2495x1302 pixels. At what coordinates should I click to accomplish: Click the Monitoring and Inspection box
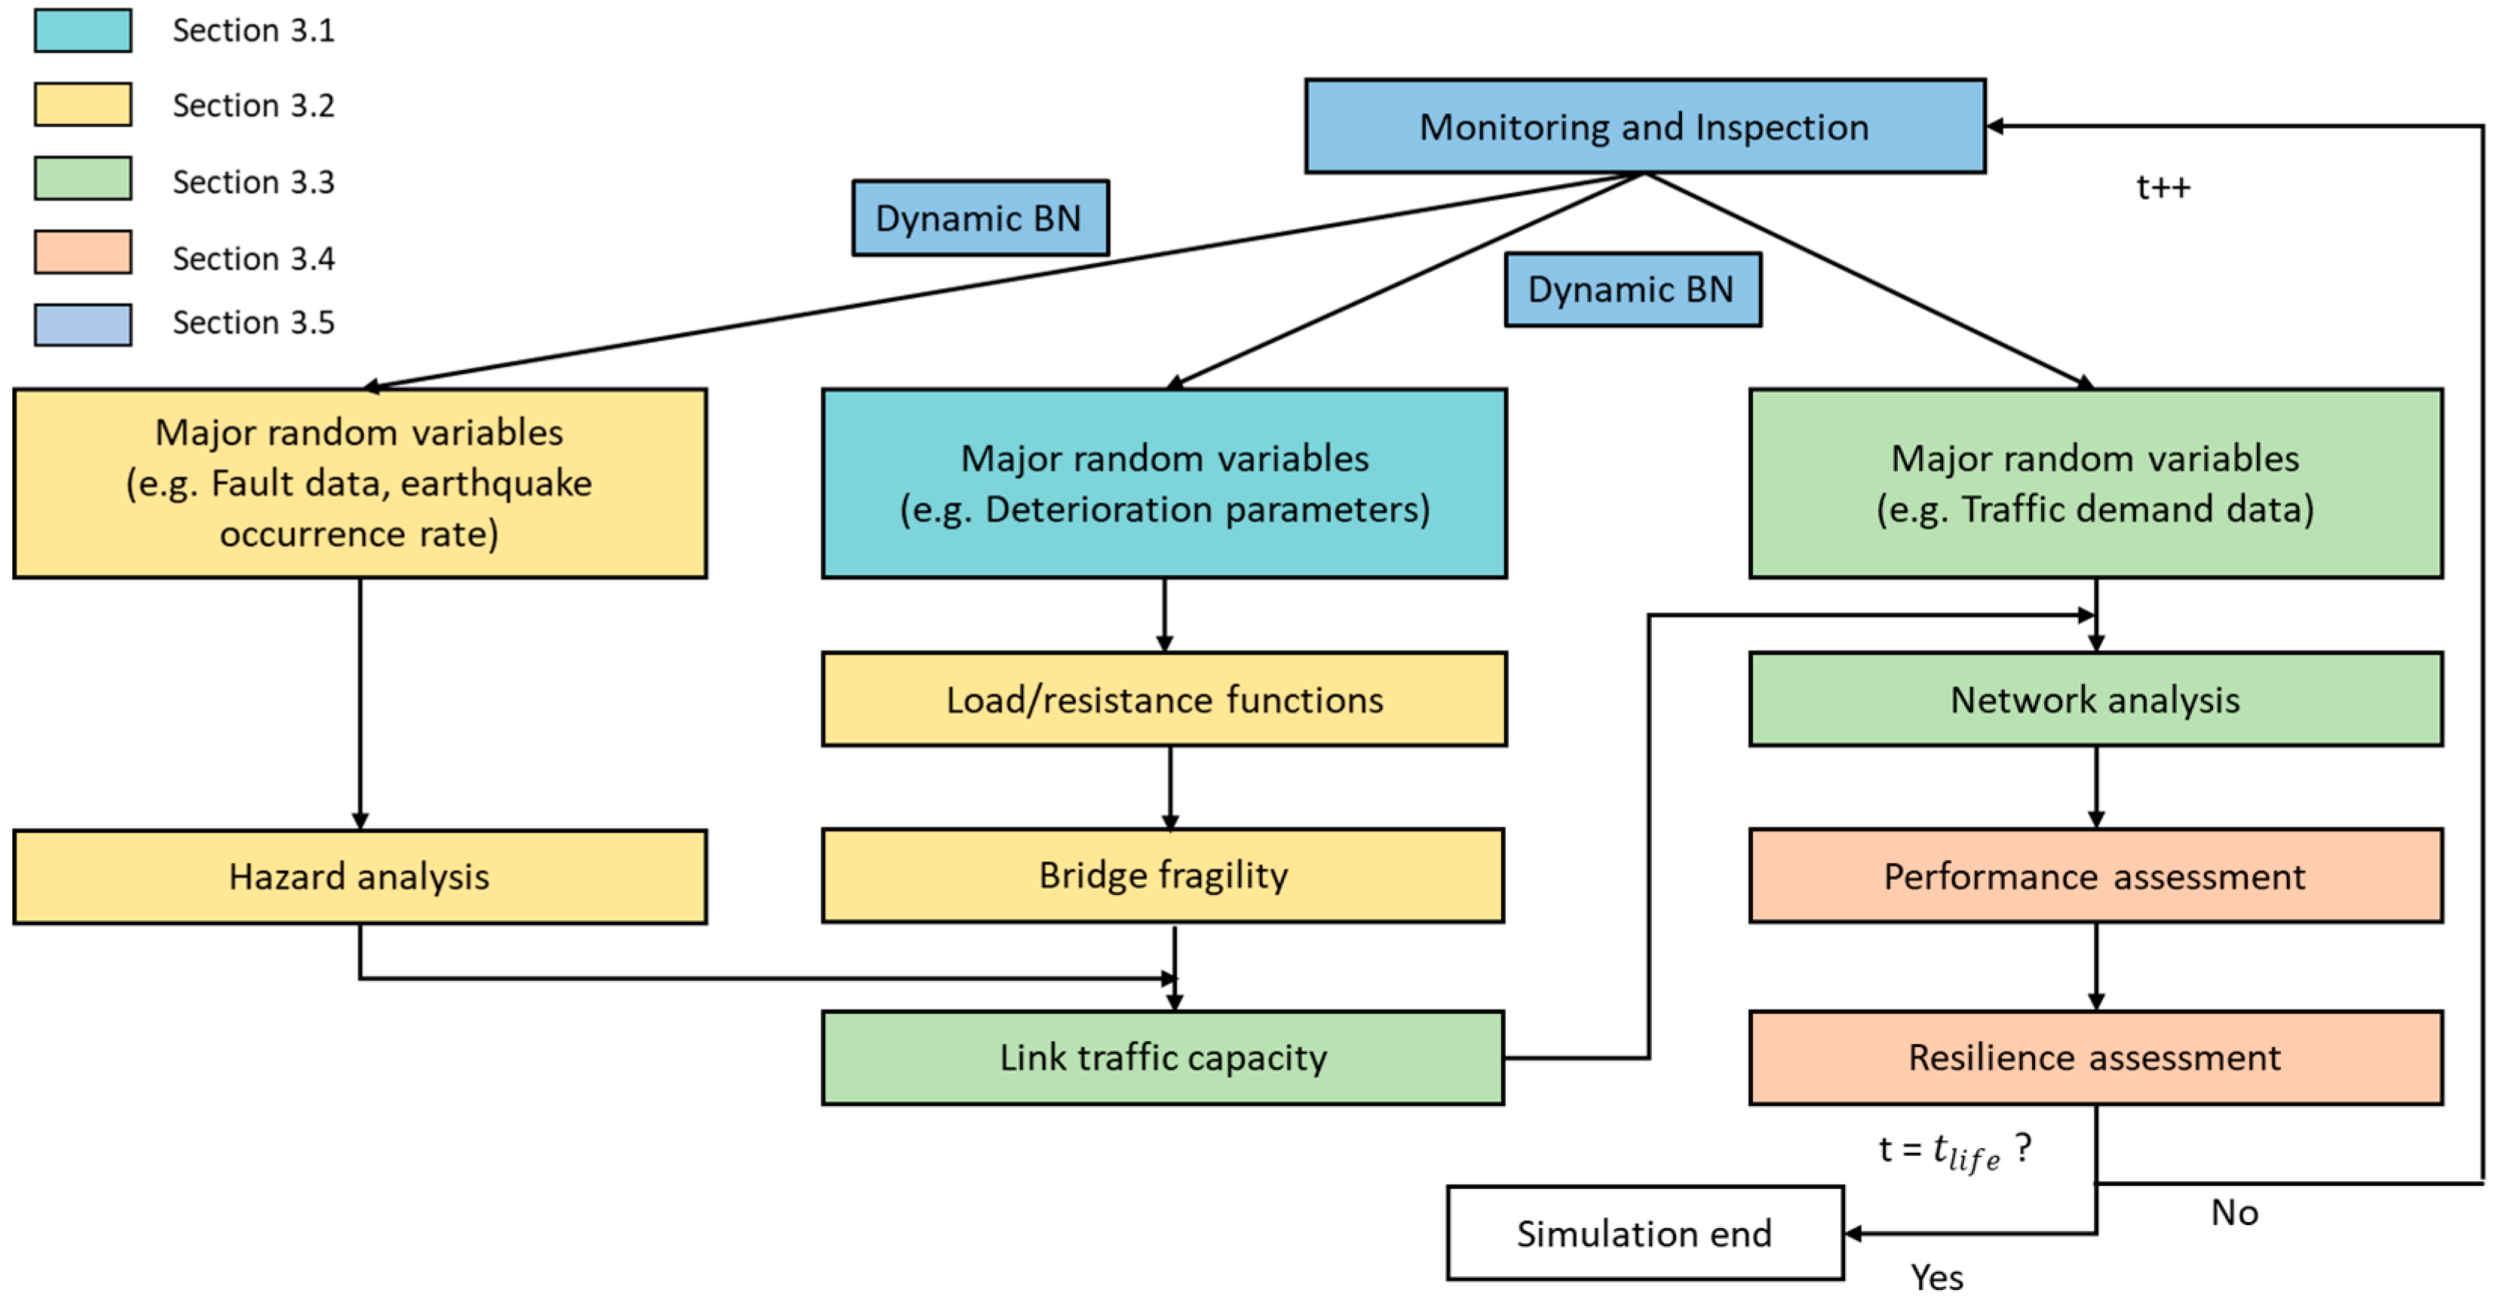tap(1644, 127)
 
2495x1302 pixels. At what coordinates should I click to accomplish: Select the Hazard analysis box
tap(360, 877)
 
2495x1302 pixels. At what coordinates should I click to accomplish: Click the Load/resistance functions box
tap(1163, 700)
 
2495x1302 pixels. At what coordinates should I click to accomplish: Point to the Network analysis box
tap(2095, 700)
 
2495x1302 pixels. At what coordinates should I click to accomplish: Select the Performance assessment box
tap(2095, 877)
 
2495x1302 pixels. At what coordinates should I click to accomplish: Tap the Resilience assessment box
tap(2095, 1058)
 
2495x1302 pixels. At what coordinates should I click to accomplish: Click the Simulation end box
tap(1644, 1233)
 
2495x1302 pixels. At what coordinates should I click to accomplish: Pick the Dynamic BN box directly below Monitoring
tap(1632, 290)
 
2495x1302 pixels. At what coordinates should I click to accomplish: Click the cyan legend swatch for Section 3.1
tap(83, 31)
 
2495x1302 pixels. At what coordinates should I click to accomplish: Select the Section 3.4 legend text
tap(254, 259)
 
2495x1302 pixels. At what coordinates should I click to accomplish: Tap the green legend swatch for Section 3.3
tap(83, 179)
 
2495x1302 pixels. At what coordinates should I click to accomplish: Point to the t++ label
tap(2162, 187)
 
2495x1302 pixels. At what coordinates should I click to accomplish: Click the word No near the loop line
tap(2233, 1213)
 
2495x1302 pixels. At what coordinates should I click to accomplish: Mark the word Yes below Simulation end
tap(1936, 1278)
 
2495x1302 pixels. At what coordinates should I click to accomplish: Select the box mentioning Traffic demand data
tap(2095, 484)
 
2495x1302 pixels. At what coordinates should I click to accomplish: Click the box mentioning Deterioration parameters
tap(1163, 484)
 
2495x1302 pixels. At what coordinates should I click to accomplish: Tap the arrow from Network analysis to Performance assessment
tap(2096, 786)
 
